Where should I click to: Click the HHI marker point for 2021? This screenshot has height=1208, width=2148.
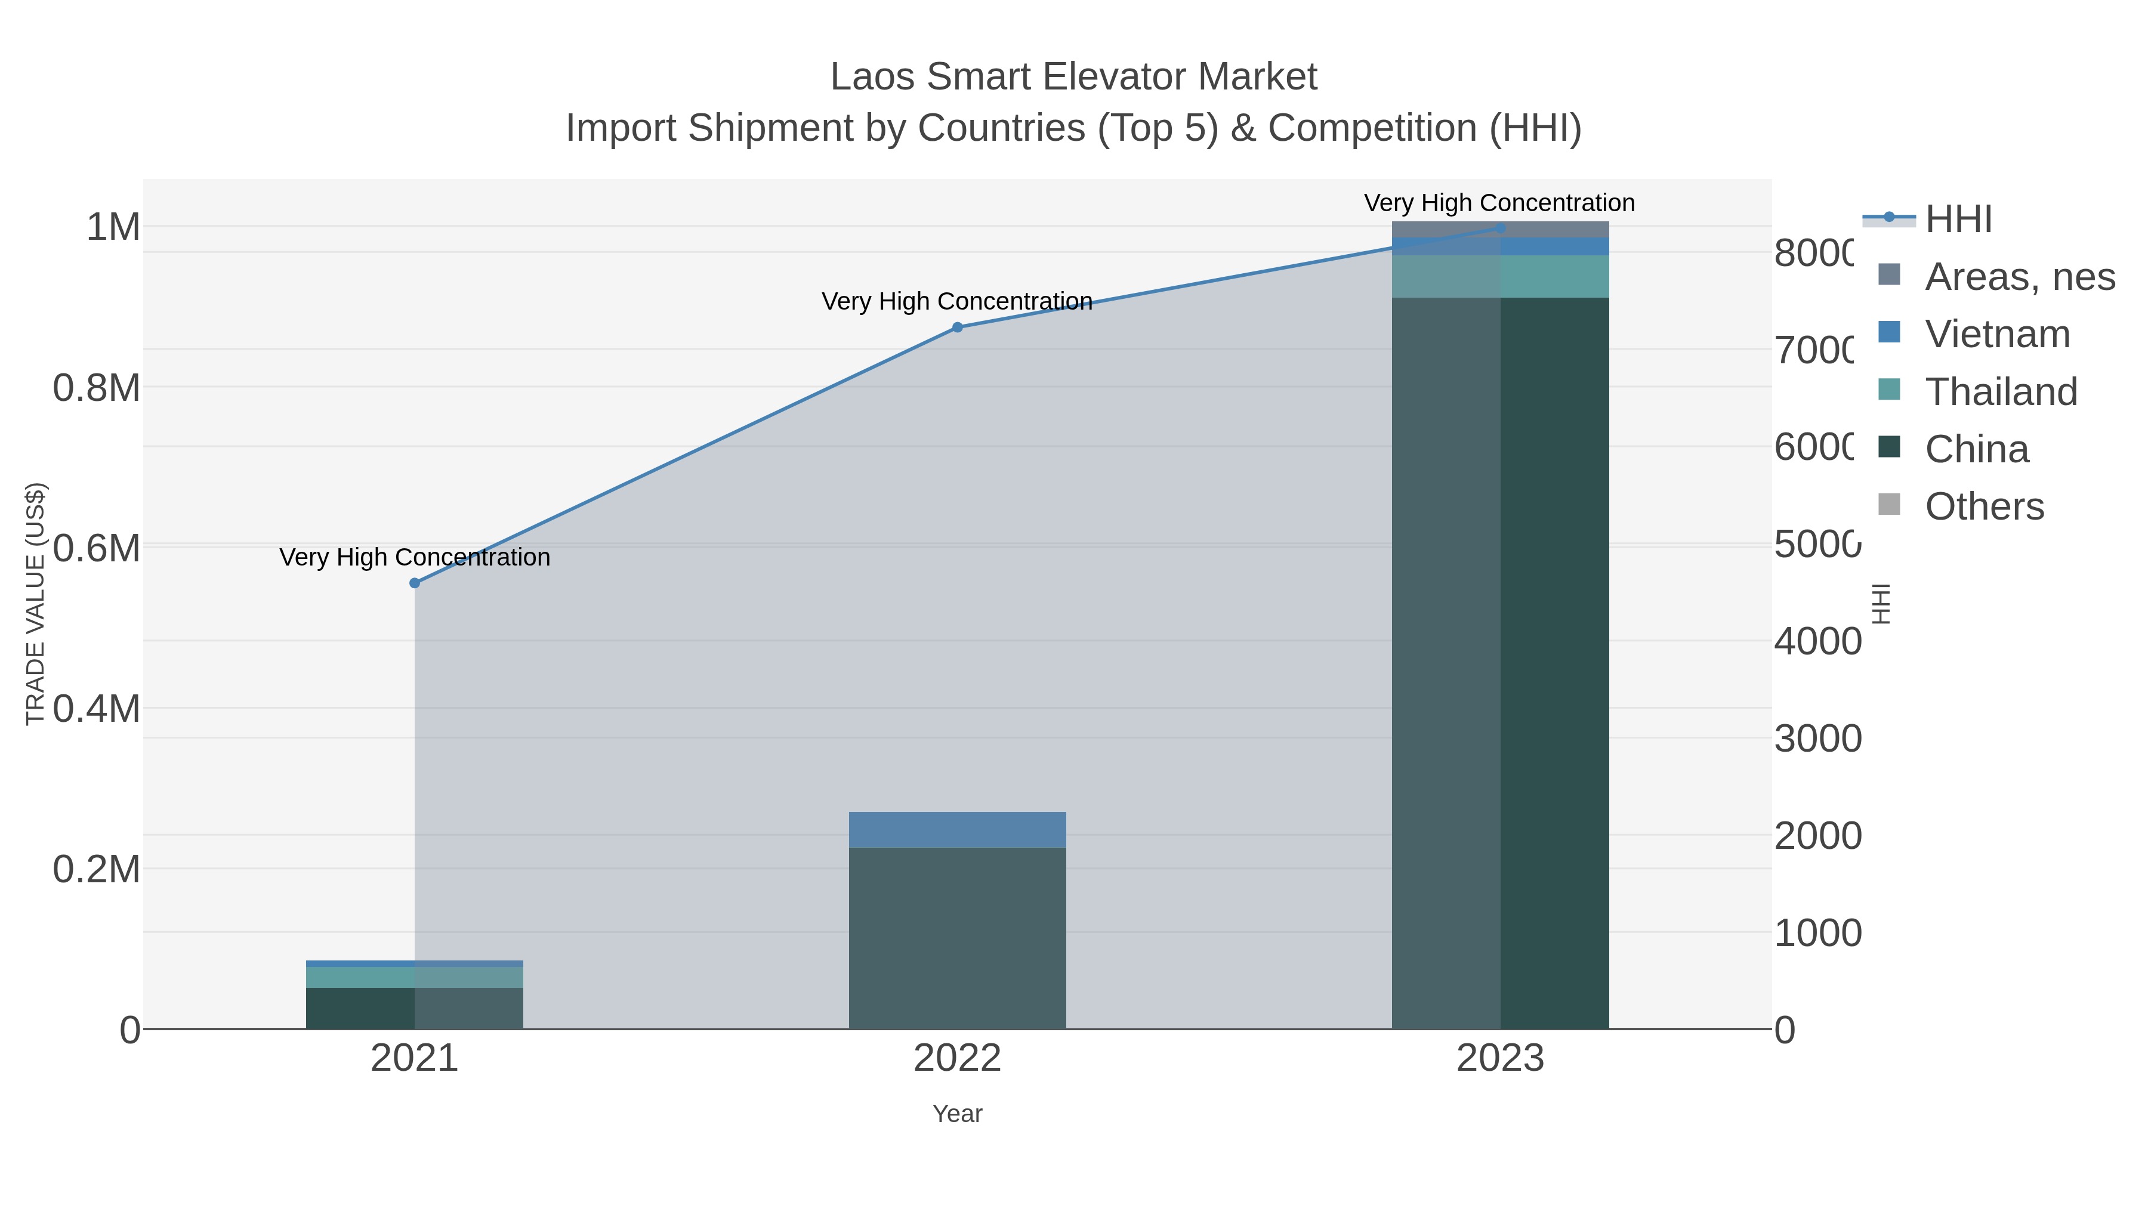click(415, 583)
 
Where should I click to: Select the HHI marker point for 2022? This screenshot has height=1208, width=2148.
click(957, 328)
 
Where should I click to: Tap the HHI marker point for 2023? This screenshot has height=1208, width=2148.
click(1500, 228)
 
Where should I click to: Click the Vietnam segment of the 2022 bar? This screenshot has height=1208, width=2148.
click(957, 830)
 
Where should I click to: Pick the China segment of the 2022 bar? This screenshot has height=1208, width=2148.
click(957, 938)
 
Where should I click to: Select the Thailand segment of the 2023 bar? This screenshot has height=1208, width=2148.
click(1500, 276)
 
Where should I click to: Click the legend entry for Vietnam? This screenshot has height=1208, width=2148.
click(1997, 334)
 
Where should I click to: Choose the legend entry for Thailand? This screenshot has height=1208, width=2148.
click(2001, 392)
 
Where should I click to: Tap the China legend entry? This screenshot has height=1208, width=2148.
click(1976, 449)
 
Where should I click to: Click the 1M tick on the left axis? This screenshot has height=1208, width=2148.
click(113, 227)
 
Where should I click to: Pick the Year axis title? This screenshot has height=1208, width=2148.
click(957, 1114)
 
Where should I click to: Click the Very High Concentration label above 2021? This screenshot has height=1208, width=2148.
click(415, 557)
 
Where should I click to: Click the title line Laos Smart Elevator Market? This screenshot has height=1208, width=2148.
click(1073, 77)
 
